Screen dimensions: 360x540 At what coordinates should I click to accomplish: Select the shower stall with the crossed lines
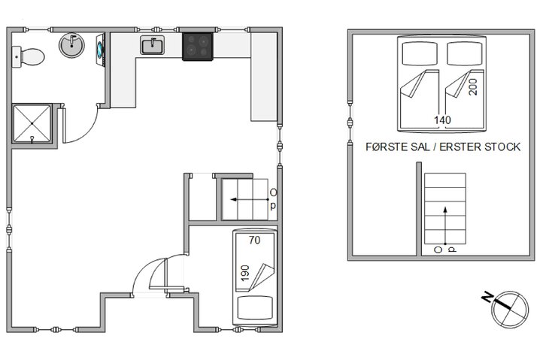tap(33, 123)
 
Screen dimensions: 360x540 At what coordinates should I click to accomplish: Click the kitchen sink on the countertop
tap(153, 47)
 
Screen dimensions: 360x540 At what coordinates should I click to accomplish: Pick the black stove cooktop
tap(199, 45)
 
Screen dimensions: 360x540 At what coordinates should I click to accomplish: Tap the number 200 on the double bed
tap(473, 89)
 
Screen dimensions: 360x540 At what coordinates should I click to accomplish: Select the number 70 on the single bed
tap(253, 241)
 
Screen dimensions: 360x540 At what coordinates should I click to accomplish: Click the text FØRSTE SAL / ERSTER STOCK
tap(442, 147)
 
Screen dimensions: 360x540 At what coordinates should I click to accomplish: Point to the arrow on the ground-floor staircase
tap(244, 199)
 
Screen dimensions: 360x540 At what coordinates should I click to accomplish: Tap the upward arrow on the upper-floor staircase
tap(444, 222)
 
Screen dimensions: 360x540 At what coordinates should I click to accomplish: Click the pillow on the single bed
tap(254, 307)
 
